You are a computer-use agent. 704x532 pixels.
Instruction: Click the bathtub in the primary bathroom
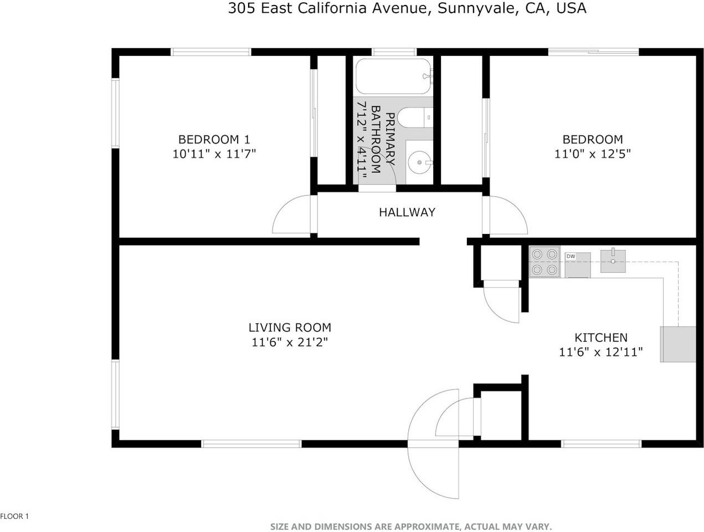(393, 76)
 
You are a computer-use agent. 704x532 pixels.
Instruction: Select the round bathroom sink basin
(419, 162)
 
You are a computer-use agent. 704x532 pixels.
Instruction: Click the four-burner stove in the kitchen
(543, 262)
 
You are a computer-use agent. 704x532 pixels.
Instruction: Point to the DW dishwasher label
(571, 257)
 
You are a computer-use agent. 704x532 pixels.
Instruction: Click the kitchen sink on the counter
(613, 261)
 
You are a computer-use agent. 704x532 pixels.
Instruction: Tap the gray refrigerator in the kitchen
(677, 344)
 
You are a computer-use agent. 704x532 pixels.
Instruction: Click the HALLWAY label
(407, 212)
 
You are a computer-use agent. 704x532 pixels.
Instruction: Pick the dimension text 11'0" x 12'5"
(592, 154)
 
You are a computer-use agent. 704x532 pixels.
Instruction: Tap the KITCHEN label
(600, 337)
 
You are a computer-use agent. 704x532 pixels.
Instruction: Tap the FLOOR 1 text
(14, 516)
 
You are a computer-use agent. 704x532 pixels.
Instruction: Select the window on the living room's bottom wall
(251, 443)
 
